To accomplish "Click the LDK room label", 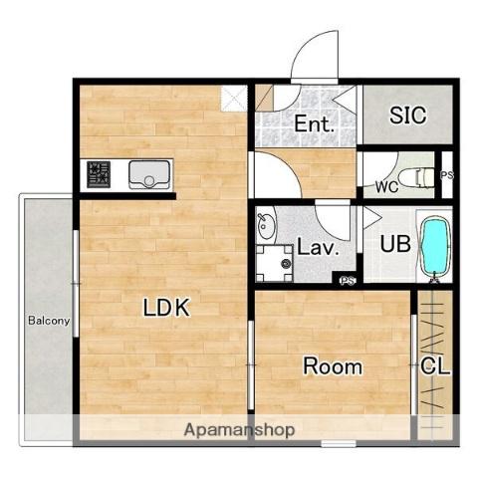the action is tap(166, 308).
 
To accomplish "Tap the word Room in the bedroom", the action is tap(333, 366).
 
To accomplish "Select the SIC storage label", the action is tap(407, 116).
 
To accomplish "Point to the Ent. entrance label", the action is tap(314, 123).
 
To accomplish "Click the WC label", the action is tap(386, 187).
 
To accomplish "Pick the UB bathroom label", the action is tap(395, 244).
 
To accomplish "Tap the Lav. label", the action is tap(318, 247).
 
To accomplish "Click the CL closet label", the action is tap(435, 366).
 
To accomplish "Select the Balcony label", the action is tap(49, 321).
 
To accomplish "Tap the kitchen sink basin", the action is tap(149, 174).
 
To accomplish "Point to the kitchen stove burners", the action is tap(99, 174).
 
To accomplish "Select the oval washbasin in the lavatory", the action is tap(267, 226).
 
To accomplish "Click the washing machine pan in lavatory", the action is tap(274, 263).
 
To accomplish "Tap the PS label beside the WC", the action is tap(447, 175).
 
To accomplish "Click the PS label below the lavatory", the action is tap(348, 281).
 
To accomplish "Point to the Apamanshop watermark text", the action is tap(239, 429).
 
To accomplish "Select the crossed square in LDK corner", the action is tap(234, 98).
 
